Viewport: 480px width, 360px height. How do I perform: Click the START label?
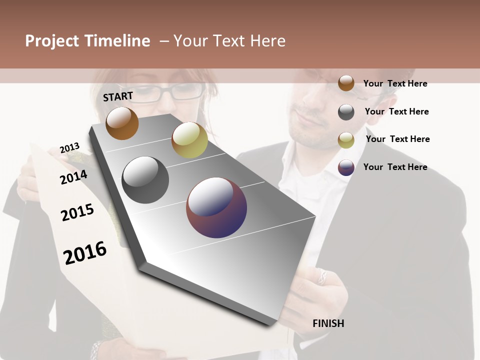click(118, 96)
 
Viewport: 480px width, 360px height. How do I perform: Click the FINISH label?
click(328, 323)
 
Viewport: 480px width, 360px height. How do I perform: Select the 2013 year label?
click(69, 148)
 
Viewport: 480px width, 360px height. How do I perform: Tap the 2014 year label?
click(73, 177)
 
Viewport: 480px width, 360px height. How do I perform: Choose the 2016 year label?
click(85, 253)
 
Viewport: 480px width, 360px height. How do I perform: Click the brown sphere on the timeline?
click(122, 123)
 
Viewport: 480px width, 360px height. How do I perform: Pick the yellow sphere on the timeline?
click(189, 140)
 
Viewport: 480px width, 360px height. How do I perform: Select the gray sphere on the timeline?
click(145, 180)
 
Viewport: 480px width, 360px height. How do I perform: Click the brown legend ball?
click(346, 83)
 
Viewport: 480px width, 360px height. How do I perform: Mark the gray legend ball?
click(346, 112)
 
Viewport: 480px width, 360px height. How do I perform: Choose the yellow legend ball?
click(346, 140)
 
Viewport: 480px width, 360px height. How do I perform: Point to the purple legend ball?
click(346, 167)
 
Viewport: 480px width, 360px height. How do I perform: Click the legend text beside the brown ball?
click(395, 83)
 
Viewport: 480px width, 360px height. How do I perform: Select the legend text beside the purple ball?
click(395, 167)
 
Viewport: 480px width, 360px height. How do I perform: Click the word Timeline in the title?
click(117, 41)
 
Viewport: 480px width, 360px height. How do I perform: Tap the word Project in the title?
click(52, 41)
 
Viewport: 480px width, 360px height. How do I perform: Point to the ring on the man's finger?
click(322, 275)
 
